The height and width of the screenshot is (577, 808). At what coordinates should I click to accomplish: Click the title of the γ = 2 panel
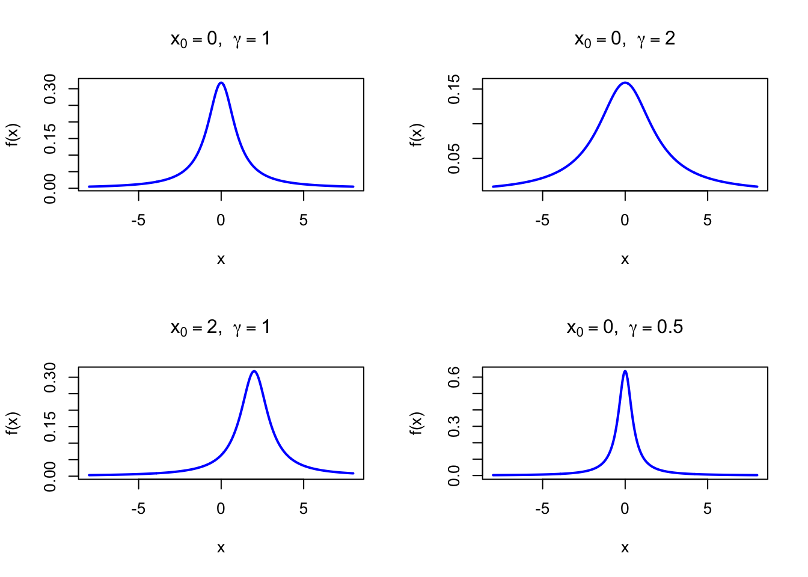point(625,40)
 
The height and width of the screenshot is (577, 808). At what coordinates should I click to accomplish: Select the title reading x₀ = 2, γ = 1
point(221,328)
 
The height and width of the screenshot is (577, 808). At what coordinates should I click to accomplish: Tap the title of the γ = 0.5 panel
point(625,328)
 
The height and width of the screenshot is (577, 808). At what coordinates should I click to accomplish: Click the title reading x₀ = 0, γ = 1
point(221,40)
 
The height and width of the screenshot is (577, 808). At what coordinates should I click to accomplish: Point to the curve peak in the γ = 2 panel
point(625,82)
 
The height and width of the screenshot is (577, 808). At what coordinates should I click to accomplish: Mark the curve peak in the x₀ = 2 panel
point(254,371)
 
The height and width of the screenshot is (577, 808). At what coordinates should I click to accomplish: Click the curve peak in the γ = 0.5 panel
point(625,371)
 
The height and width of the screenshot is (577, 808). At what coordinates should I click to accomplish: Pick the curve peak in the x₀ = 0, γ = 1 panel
point(221,82)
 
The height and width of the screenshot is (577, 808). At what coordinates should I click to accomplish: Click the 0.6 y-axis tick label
point(454,377)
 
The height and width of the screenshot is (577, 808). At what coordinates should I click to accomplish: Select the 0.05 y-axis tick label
point(454,158)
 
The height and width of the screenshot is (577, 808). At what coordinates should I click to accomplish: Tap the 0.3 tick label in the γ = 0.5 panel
point(454,426)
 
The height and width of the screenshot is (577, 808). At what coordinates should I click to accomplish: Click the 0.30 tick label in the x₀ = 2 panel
point(50,377)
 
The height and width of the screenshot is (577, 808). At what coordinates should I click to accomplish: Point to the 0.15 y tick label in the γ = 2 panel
point(454,89)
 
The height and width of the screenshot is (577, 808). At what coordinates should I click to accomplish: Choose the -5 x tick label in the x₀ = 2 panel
point(138,509)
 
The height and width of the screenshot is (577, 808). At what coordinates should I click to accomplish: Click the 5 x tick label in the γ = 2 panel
point(708,221)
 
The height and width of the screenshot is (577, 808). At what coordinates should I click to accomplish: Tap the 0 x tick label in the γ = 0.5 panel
point(625,509)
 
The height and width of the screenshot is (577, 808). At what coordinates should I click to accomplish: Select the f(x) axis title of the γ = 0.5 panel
point(417,423)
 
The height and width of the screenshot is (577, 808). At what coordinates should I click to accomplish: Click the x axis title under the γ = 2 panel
point(625,260)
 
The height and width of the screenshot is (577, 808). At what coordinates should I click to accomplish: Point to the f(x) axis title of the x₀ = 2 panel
point(13,423)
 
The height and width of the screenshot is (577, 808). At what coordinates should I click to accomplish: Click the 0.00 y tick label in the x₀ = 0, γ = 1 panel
point(50,188)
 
